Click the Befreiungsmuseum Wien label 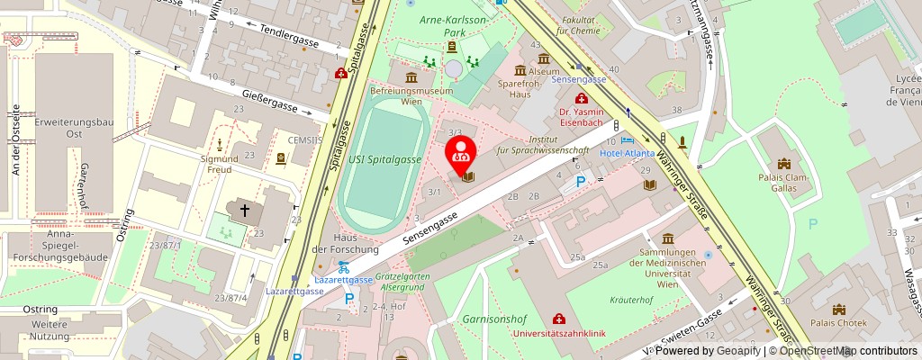[411, 96]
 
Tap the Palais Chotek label [838, 322]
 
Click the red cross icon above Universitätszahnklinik [559, 319]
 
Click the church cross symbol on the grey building [244, 209]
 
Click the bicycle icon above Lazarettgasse [342, 266]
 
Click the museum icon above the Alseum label [520, 70]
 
